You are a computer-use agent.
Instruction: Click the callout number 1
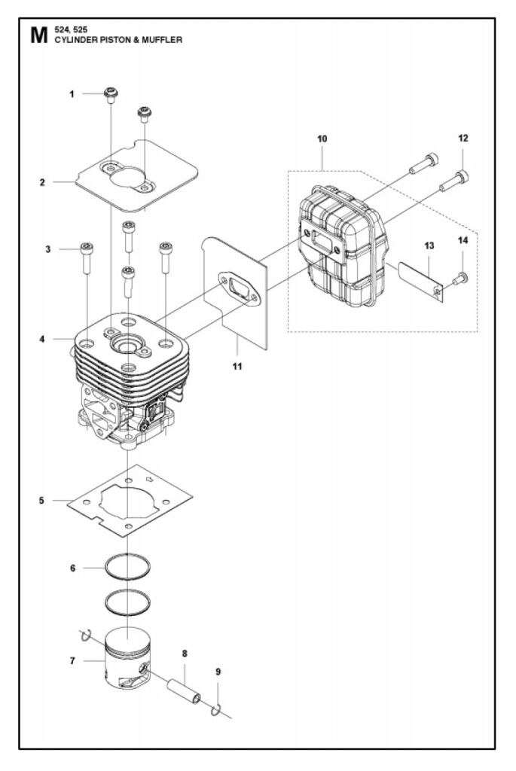click(72, 94)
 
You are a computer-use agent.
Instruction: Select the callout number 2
click(42, 182)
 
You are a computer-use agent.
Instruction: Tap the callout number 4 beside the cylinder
click(42, 339)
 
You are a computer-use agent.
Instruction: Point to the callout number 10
click(322, 139)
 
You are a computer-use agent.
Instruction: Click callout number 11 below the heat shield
click(237, 367)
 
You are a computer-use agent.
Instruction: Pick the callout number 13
click(429, 245)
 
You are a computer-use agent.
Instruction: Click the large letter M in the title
click(38, 35)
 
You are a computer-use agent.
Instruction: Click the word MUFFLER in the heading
click(162, 40)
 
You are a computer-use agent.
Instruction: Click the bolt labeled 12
click(453, 181)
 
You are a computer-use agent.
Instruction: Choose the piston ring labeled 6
click(127, 567)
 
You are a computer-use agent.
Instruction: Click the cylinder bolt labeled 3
click(87, 258)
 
